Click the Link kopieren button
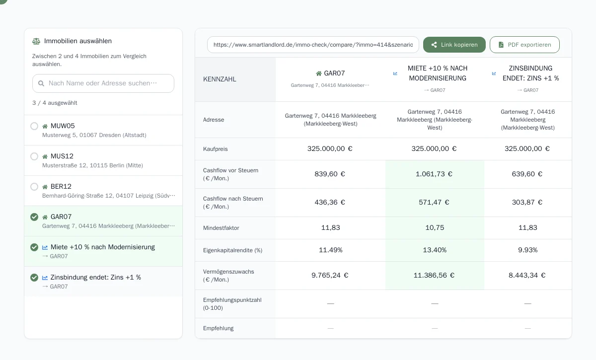click(x=454, y=45)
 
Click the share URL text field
click(x=313, y=45)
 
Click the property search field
click(x=103, y=83)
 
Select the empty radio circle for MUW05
click(x=34, y=126)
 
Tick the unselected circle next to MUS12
click(x=34, y=156)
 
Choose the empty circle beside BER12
click(x=34, y=187)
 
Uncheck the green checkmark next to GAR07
click(x=34, y=217)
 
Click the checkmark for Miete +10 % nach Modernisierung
click(x=34, y=247)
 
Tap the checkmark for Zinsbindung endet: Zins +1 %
click(x=34, y=278)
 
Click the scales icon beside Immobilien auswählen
click(x=36, y=41)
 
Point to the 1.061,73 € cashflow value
click(x=434, y=174)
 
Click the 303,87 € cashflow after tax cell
click(x=527, y=202)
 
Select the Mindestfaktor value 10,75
click(x=435, y=227)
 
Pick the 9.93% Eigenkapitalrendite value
click(x=527, y=250)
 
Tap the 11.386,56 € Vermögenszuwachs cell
click(x=434, y=276)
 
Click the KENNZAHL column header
click(x=220, y=79)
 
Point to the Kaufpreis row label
click(x=215, y=149)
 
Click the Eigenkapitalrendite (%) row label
click(x=232, y=250)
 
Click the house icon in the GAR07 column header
click(x=319, y=73)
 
